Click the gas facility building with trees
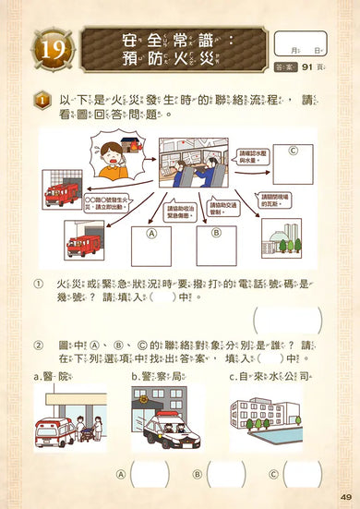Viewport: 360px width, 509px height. tap(282, 238)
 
